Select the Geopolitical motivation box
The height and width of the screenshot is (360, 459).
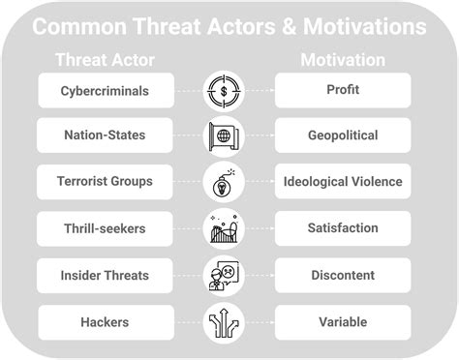point(343,136)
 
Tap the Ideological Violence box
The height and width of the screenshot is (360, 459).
point(343,182)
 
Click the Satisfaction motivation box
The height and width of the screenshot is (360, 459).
point(343,228)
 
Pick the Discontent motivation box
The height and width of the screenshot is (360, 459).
point(343,275)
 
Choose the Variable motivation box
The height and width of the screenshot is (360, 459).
point(343,321)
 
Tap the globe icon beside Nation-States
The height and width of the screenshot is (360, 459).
point(225,136)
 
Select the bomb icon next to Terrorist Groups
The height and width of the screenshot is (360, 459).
point(225,182)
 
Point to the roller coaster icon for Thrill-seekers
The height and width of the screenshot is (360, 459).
point(225,228)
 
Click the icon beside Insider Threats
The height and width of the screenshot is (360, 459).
point(225,275)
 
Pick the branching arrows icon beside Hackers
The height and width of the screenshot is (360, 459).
point(225,321)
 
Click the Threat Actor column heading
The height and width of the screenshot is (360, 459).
point(106,60)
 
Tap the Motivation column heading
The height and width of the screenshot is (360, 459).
point(343,60)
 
